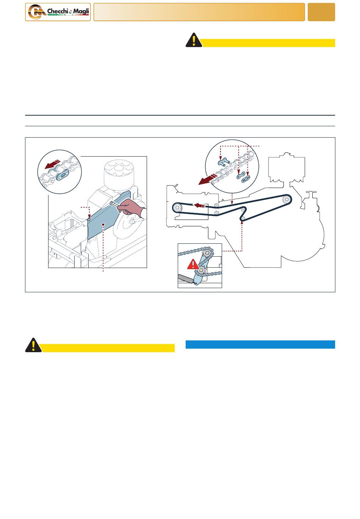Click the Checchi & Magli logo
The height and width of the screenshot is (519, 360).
(58, 12)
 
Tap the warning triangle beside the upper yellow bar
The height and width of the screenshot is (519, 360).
(194, 40)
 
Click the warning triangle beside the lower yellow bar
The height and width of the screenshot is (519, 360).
(33, 345)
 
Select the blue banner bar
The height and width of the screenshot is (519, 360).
(260, 344)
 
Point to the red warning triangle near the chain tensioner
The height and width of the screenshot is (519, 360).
(193, 265)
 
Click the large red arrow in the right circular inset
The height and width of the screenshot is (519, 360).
(208, 179)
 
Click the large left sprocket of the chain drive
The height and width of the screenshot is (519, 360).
(177, 208)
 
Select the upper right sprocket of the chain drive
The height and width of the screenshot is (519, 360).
(286, 199)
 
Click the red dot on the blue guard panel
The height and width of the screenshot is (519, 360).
(103, 224)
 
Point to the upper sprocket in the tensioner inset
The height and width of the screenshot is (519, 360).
(206, 252)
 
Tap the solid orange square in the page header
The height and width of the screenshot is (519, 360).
(321, 12)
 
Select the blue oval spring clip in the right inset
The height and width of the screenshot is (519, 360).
(246, 179)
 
